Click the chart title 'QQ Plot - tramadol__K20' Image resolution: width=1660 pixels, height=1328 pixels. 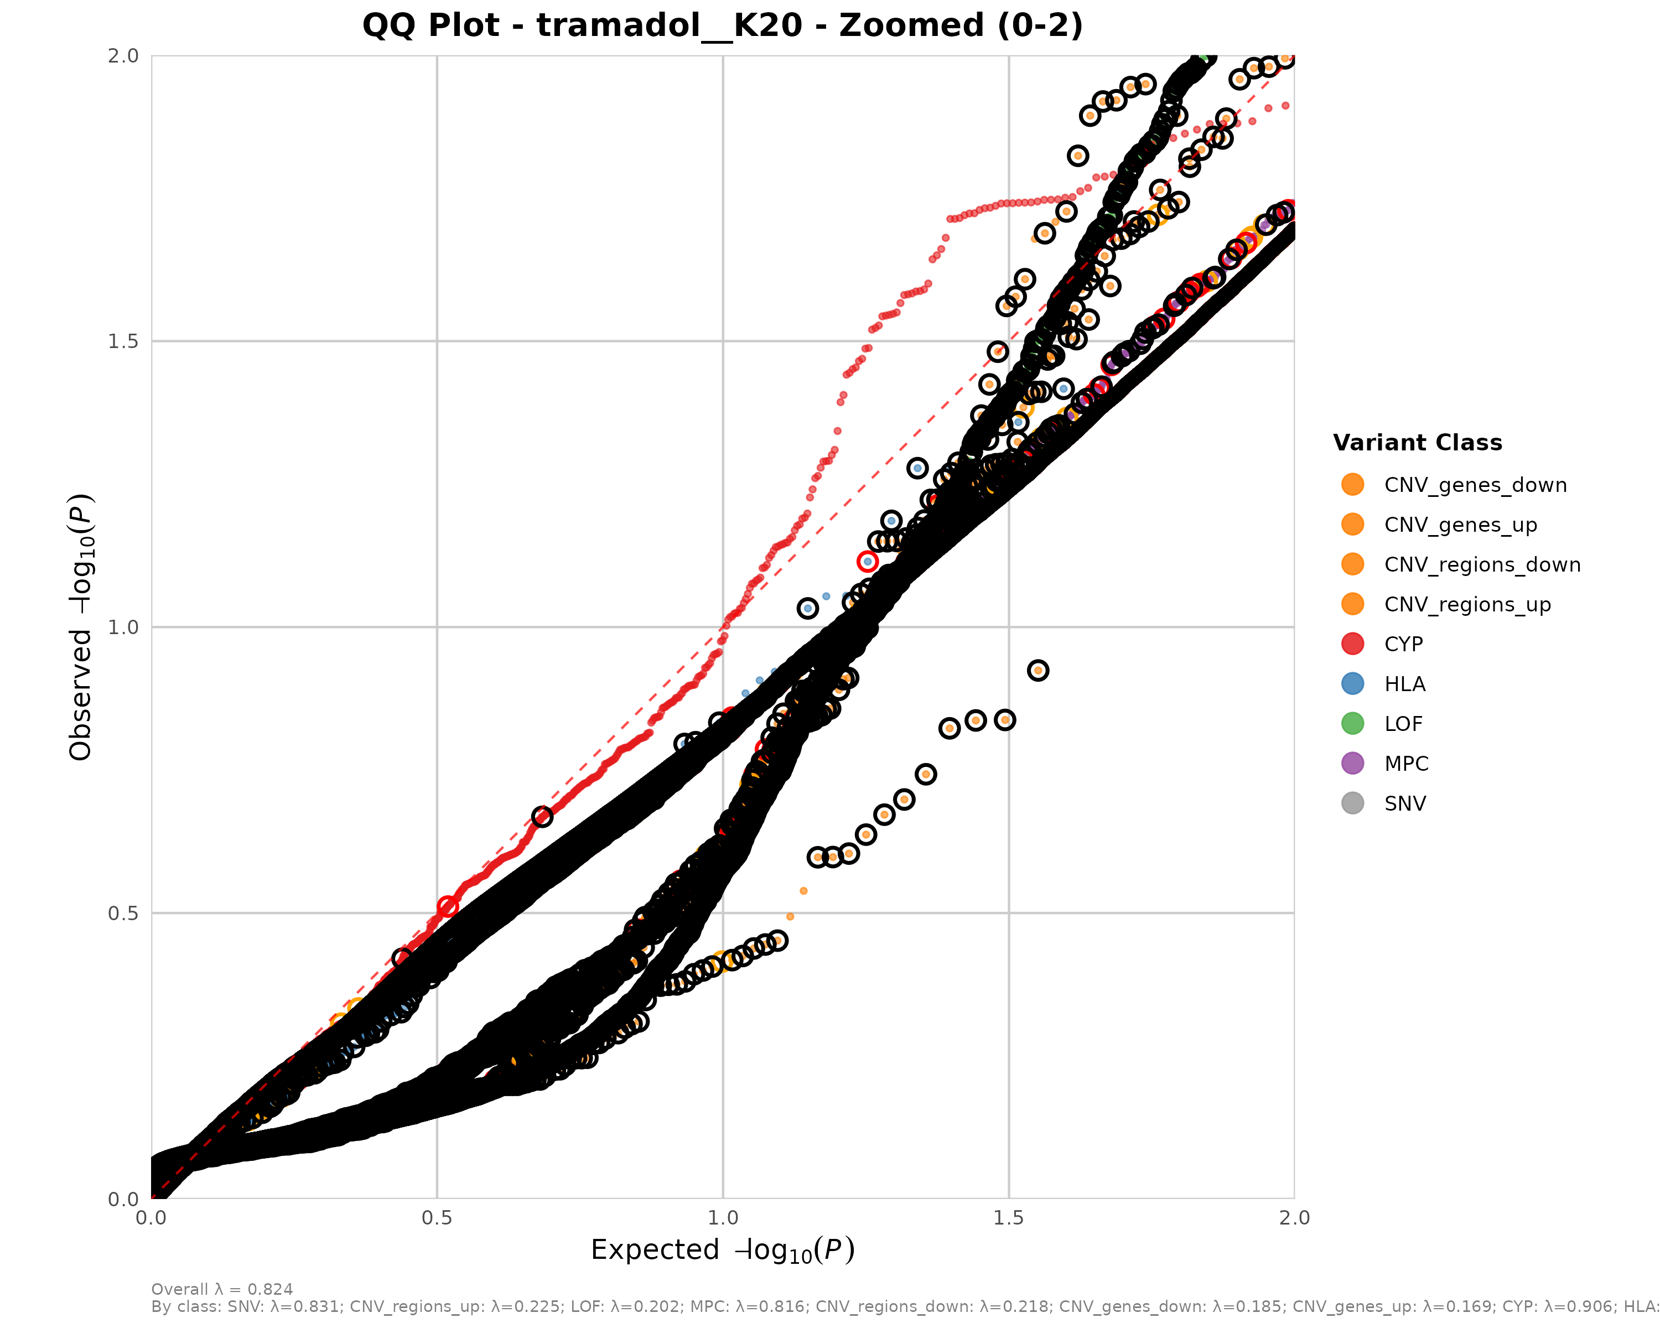click(x=722, y=25)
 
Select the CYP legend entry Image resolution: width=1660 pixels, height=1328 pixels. click(x=1403, y=645)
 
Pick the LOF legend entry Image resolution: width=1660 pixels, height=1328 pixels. click(x=1403, y=724)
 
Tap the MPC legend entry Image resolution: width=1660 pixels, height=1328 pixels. click(x=1406, y=764)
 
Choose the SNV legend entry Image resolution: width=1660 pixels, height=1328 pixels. click(x=1404, y=804)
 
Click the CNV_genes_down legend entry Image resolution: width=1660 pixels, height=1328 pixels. click(x=1475, y=485)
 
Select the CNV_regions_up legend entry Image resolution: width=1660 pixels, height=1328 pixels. click(x=1467, y=604)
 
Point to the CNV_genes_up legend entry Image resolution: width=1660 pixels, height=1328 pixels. click(x=1460, y=525)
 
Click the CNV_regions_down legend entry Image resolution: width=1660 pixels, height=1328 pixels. click(x=1481, y=565)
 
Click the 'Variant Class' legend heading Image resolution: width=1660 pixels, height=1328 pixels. click(x=1417, y=443)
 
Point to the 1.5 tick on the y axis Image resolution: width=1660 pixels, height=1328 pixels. click(x=123, y=341)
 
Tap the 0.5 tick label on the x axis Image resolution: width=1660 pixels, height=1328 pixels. click(x=437, y=1218)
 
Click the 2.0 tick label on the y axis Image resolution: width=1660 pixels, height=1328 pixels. click(x=123, y=55)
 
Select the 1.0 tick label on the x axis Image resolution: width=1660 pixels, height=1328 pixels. click(x=722, y=1218)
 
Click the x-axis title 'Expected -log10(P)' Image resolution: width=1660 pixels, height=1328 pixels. click(x=722, y=1251)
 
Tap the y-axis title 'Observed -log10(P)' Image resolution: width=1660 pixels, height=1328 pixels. click(x=81, y=627)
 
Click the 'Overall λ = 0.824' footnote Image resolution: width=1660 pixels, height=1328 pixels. click(x=222, y=1289)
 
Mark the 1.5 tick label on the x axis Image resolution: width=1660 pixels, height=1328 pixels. click(x=1009, y=1218)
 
